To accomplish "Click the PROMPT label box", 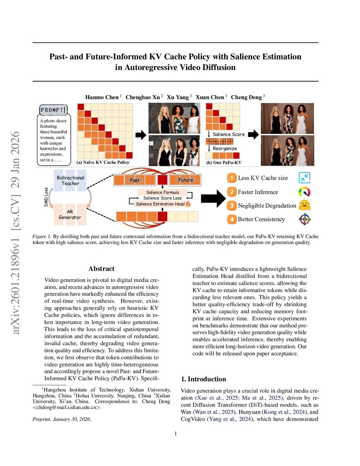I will coord(53,110).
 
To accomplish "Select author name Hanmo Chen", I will coord(102,97).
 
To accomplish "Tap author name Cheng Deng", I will coord(246,97).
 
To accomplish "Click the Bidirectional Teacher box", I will coord(70,180).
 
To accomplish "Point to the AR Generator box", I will coord(70,215).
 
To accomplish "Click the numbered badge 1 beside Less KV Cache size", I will coord(232,178).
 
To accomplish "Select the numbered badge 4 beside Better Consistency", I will coord(232,219).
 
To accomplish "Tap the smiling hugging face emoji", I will coord(304,205).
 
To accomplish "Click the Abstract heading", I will coord(101,269).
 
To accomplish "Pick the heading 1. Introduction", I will coord(203,379).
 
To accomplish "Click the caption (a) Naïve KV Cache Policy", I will coord(103,162).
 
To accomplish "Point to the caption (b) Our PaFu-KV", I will coord(224,162).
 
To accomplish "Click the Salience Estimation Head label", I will coord(160,204).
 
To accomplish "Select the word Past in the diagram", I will coord(134,180).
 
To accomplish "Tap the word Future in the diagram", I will coord(186,180).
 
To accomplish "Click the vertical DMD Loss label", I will coord(46,197).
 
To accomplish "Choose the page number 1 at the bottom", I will coord(176,434).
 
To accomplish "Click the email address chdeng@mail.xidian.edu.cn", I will coord(67,408).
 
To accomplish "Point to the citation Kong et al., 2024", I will coord(284,412).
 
